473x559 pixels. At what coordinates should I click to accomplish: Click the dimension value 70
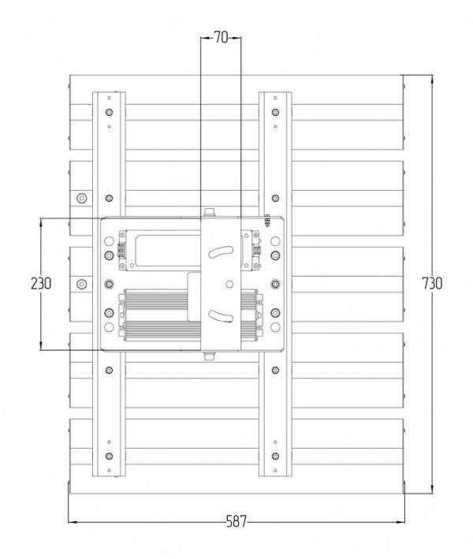(x=221, y=37)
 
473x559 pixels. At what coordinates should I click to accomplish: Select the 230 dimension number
(x=41, y=283)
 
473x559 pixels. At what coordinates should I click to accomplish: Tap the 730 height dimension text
(x=432, y=283)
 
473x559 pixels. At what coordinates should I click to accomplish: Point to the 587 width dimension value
(x=236, y=522)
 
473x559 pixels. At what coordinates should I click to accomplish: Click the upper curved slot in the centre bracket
(x=221, y=252)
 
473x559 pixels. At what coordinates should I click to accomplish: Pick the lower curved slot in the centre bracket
(x=221, y=316)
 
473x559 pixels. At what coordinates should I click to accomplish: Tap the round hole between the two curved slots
(x=229, y=284)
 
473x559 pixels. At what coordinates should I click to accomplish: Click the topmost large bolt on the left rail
(x=109, y=112)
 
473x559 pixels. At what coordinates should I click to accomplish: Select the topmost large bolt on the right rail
(x=275, y=112)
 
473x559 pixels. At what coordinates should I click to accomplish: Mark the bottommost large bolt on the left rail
(x=109, y=456)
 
